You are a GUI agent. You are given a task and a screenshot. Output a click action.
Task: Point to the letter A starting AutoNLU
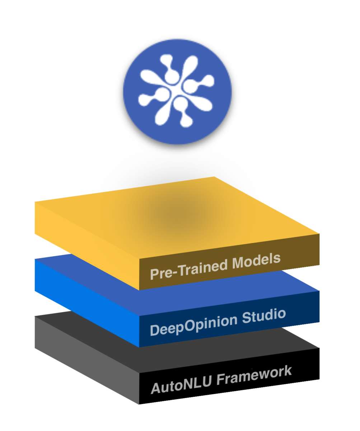[155, 389]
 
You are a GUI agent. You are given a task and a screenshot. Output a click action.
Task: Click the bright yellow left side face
[86, 244]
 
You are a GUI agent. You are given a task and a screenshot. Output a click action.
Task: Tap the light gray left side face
[86, 359]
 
